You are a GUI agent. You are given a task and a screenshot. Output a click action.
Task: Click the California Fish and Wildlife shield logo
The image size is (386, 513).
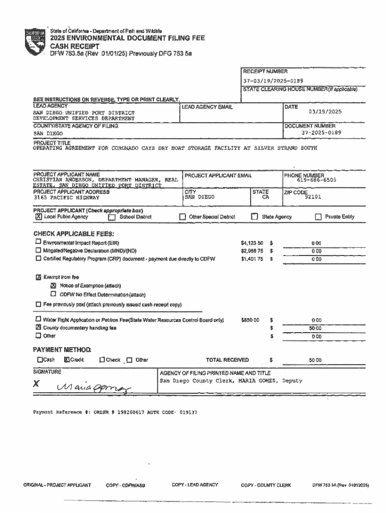point(35,42)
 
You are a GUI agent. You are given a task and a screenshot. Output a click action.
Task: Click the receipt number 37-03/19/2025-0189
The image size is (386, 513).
point(273,80)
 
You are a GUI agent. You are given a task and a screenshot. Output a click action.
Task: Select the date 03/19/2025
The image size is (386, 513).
point(325,112)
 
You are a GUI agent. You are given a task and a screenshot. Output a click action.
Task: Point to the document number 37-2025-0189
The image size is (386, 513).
point(321,133)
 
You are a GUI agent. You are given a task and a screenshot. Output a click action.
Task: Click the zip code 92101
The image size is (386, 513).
point(313,197)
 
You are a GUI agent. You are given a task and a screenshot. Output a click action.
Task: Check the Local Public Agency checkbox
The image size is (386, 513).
point(38,217)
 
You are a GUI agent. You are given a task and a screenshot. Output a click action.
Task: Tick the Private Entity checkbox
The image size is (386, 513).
point(318,217)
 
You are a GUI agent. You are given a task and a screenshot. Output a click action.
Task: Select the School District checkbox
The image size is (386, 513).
point(112,217)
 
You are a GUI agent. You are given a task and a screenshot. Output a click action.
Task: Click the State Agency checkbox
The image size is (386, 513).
point(255,217)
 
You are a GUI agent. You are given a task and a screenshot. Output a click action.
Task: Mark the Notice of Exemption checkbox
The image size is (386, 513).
point(53,286)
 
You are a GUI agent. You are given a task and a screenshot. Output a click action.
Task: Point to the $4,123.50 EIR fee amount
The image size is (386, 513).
point(252,243)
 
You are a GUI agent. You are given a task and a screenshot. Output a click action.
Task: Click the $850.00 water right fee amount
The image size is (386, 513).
point(250,320)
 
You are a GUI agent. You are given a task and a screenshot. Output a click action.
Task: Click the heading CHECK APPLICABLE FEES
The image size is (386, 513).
point(74,233)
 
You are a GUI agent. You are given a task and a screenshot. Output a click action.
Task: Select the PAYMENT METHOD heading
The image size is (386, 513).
point(62,350)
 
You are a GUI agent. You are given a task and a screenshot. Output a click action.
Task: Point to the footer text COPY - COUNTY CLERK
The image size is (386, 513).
point(266,485)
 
